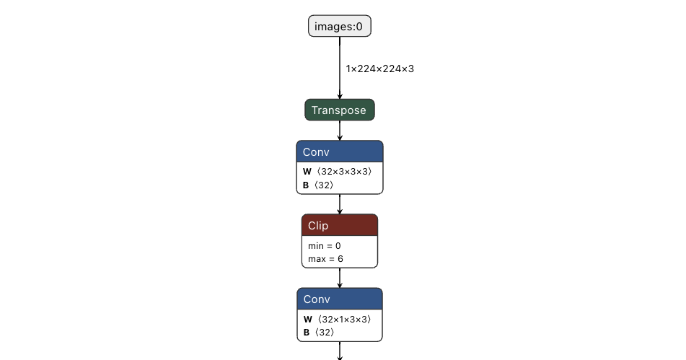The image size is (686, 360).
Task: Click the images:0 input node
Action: (x=340, y=26)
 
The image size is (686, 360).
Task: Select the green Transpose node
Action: (x=340, y=110)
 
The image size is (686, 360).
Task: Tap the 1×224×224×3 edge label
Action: (x=379, y=69)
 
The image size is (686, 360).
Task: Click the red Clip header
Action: (x=340, y=225)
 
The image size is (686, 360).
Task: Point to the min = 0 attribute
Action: (x=324, y=246)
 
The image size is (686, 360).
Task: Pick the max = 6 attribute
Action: (x=325, y=259)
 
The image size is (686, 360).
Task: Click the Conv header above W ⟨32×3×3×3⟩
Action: (x=340, y=152)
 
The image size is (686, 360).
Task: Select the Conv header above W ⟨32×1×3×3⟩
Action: (x=340, y=299)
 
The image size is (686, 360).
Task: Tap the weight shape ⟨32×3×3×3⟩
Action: (x=344, y=172)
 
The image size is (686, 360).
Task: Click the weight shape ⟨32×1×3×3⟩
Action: (x=344, y=320)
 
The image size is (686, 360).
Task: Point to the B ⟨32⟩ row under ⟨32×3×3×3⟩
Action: (x=318, y=185)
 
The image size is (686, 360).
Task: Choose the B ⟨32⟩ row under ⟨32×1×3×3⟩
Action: (x=319, y=333)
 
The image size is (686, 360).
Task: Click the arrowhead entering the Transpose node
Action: (x=340, y=96)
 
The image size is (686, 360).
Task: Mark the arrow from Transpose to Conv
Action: (x=340, y=131)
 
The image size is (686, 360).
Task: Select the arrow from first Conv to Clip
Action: (x=340, y=204)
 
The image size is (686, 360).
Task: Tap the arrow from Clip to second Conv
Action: (x=340, y=278)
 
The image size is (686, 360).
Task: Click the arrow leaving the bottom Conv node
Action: (x=340, y=351)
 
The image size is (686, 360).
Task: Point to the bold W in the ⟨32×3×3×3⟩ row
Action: (x=307, y=172)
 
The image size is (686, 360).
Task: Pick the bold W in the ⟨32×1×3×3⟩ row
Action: (x=308, y=320)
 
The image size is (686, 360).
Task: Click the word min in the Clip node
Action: (x=315, y=246)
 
